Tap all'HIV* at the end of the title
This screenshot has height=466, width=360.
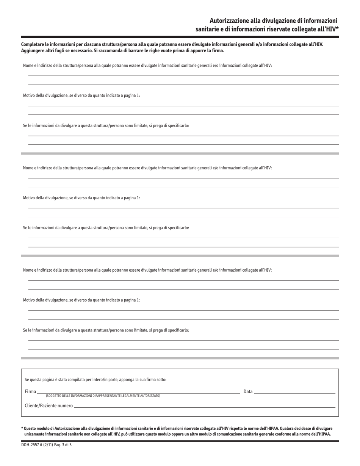pyautogui.click(x=326, y=29)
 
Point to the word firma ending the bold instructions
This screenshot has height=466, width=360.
pyautogui.click(x=218, y=50)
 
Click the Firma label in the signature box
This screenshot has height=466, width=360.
pyautogui.click(x=30, y=391)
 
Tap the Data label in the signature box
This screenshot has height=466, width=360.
pyautogui.click(x=248, y=391)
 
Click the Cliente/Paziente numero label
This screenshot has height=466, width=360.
pyautogui.click(x=49, y=405)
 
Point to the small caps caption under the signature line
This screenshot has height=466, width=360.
pyautogui.click(x=103, y=396)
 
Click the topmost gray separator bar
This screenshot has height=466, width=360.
pyautogui.click(x=180, y=153)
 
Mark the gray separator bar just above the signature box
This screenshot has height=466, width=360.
pyautogui.click(x=180, y=358)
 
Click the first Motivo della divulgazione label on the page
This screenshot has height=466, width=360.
pyautogui.click(x=81, y=95)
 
